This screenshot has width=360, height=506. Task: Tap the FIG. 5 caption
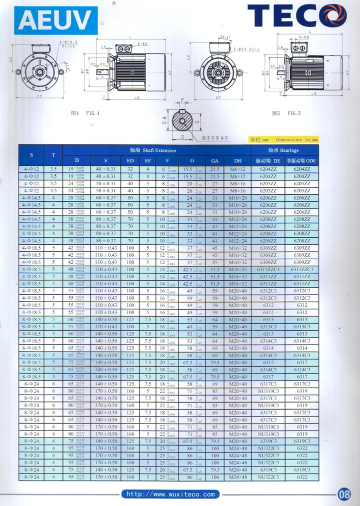[286, 113]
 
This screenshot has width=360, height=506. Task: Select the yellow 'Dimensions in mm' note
[283, 140]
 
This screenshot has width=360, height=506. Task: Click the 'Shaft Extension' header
[156, 150]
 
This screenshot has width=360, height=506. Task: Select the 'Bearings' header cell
[283, 150]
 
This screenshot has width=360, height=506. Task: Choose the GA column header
[215, 161]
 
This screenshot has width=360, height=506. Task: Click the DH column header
[237, 161]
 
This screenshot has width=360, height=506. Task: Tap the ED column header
[130, 161]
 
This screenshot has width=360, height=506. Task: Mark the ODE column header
[301, 161]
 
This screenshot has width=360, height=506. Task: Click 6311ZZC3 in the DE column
[268, 269]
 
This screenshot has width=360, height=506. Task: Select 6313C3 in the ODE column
[301, 327]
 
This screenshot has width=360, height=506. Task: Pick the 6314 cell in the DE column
[268, 348]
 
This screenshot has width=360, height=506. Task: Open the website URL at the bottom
[170, 495]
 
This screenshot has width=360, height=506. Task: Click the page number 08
[344, 495]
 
